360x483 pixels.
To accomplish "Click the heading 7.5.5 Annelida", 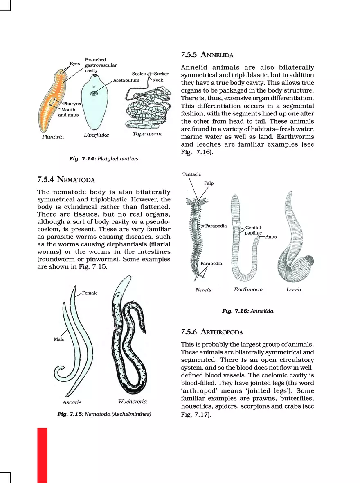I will tap(207, 55).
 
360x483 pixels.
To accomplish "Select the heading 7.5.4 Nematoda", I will tap(66, 179).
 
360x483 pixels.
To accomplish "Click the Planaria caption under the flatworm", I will tap(53, 137).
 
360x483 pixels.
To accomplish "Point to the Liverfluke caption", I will tap(97, 135).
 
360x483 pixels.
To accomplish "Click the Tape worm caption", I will tap(147, 134).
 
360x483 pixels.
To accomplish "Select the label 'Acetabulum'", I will tap(126, 80).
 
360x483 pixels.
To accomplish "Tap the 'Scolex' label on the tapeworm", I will tap(139, 74).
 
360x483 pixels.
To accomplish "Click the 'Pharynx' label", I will tap(72, 104).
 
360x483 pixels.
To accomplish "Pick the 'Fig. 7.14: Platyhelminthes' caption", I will tap(104, 159).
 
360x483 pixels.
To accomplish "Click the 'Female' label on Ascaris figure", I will tap(90, 293).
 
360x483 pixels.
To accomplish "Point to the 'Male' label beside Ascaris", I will tap(59, 339).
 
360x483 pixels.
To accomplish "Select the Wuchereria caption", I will tap(133, 401).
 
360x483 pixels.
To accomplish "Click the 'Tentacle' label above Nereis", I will tap(191, 174).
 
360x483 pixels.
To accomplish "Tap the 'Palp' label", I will tap(209, 183).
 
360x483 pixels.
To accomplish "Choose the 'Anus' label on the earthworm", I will tap(271, 237).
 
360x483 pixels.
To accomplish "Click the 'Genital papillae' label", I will tap(253, 230).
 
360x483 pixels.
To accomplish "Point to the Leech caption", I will tap(294, 289).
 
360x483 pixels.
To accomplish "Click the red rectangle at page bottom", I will tap(42, 455).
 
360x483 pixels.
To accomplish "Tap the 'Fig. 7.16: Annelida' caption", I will tap(248, 311).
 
